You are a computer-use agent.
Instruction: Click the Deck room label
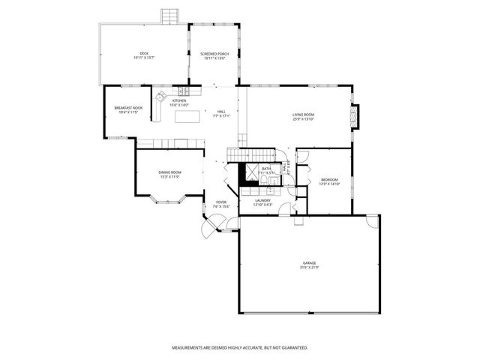tap(144, 53)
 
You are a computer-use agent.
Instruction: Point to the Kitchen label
tap(179, 100)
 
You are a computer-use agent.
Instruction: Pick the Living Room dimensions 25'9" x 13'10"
tap(303, 118)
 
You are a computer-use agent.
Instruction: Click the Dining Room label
tap(169, 172)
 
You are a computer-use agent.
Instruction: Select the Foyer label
tap(221, 202)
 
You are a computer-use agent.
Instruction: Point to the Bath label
tap(266, 169)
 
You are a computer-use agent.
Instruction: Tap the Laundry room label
tap(262, 200)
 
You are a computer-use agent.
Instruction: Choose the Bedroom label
tap(330, 179)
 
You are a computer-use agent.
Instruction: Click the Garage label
tap(310, 262)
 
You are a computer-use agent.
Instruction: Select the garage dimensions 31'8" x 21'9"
tap(310, 268)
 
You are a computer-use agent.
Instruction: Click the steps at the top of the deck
tap(171, 16)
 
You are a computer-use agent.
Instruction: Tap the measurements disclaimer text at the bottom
tap(240, 348)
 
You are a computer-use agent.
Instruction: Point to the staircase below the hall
tap(248, 154)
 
